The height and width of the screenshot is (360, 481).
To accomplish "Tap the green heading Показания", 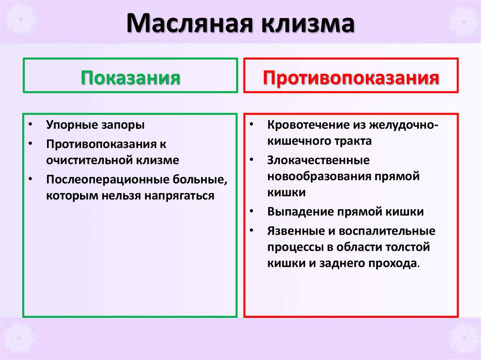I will click(130, 77).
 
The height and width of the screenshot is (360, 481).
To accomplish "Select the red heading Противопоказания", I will click(351, 77).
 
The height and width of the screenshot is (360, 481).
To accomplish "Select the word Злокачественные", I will click(318, 160).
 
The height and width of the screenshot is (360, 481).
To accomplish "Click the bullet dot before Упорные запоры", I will click(30, 126).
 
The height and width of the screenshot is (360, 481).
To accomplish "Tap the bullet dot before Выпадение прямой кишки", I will click(252, 212).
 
